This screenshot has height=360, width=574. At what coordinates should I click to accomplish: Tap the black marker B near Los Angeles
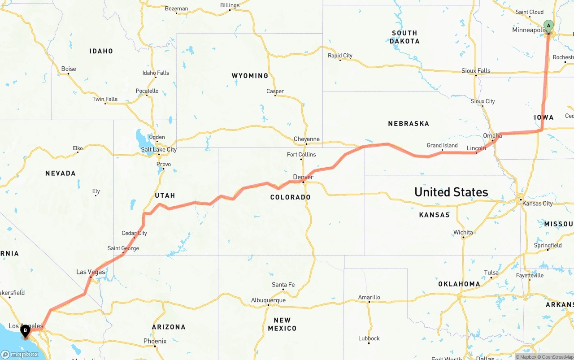pyautogui.click(x=26, y=331)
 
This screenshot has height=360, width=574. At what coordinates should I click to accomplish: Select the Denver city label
pyautogui.click(x=303, y=177)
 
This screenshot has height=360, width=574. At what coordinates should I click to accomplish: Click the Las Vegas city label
pyautogui.click(x=91, y=272)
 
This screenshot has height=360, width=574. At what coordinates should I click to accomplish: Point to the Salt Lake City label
pyautogui.click(x=159, y=149)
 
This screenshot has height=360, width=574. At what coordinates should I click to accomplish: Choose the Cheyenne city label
pyautogui.click(x=307, y=139)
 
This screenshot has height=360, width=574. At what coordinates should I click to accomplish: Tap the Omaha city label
pyautogui.click(x=492, y=136)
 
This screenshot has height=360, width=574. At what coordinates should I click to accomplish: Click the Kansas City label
pyautogui.click(x=538, y=204)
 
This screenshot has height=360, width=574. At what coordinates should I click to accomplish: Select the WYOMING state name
pyautogui.click(x=250, y=76)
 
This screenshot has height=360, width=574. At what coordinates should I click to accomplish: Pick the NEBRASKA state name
pyautogui.click(x=409, y=123)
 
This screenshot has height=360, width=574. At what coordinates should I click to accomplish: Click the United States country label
pyautogui.click(x=451, y=192)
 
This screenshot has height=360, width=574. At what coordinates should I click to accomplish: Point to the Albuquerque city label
pyautogui.click(x=268, y=300)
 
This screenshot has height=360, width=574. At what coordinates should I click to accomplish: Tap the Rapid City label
pyautogui.click(x=340, y=56)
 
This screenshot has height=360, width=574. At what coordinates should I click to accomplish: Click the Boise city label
pyautogui.click(x=69, y=69)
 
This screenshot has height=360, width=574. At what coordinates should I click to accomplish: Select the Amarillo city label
pyautogui.click(x=369, y=297)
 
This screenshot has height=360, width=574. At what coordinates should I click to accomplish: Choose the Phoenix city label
pyautogui.click(x=155, y=341)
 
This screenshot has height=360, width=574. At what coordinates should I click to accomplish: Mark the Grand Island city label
pyautogui.click(x=442, y=145)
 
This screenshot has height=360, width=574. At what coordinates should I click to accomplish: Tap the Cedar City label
pyautogui.click(x=134, y=233)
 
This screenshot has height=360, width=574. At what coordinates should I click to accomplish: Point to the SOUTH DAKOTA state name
pyautogui.click(x=404, y=37)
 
